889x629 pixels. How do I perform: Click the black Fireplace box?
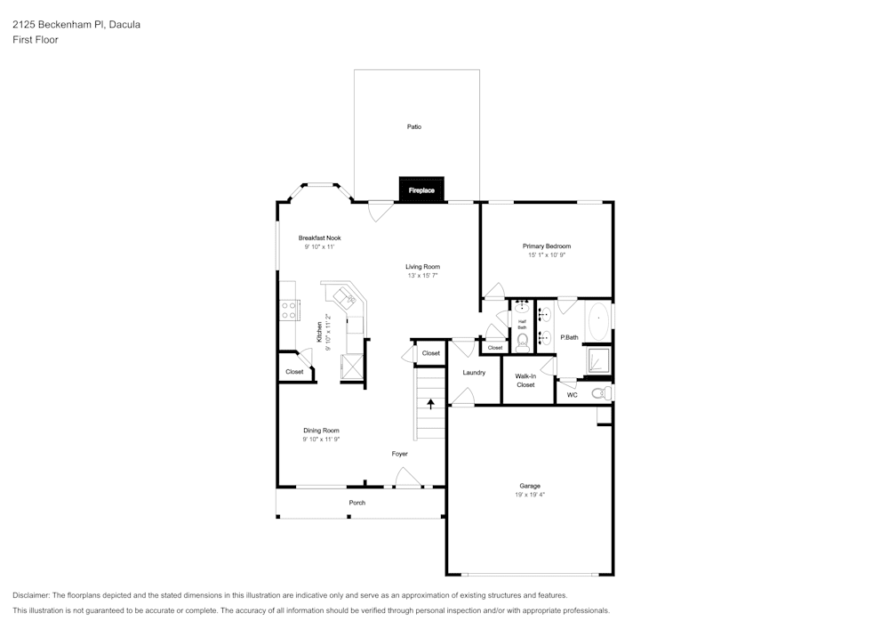tap(421, 190)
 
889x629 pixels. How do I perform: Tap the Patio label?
tap(414, 127)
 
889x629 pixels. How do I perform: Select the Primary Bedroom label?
tap(547, 246)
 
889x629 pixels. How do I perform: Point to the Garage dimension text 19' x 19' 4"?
tap(530, 495)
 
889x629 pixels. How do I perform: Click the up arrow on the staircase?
tap(431, 404)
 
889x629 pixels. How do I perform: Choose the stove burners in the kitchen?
tap(289, 310)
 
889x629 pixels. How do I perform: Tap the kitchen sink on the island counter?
tap(345, 296)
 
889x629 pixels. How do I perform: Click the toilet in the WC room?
tap(602, 393)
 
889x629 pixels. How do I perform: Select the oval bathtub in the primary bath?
tap(598, 321)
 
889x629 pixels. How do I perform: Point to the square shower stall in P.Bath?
tap(598, 360)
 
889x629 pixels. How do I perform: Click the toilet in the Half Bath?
tap(522, 343)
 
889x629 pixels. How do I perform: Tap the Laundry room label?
tap(474, 373)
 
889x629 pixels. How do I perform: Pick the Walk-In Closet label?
tap(525, 381)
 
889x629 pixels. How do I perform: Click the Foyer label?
tap(400, 454)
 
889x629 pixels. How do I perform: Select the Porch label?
tap(357, 503)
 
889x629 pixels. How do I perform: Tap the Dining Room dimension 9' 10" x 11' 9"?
tap(322, 439)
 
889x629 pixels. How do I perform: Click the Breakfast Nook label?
tap(320, 238)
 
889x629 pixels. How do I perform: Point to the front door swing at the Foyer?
tap(408, 477)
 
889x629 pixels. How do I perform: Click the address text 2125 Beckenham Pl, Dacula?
tap(76, 24)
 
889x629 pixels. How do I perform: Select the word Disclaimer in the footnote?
tap(31, 595)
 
